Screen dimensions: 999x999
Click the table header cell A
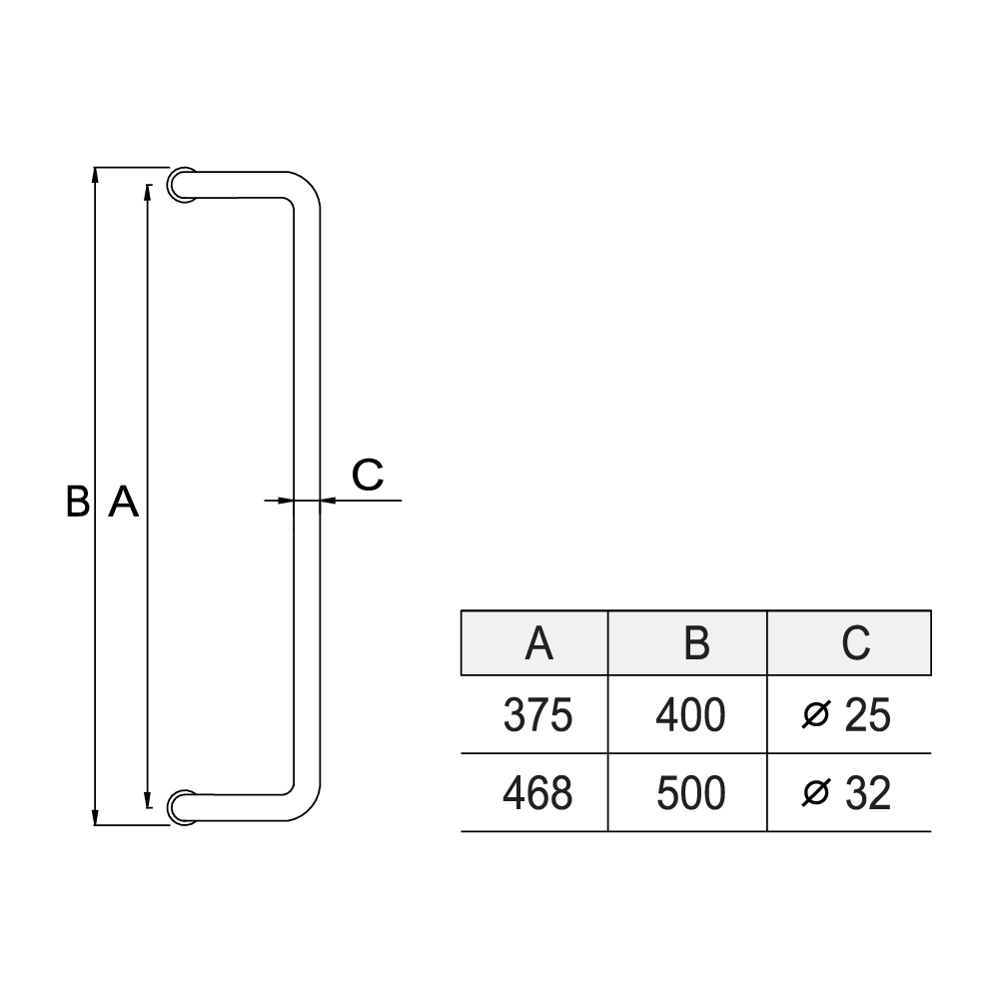535,642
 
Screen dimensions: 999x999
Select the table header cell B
689,642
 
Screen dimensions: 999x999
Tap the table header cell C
849,642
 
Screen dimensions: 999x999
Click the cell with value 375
535,715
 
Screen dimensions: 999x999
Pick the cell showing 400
689,715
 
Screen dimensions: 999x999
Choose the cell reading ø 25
848,715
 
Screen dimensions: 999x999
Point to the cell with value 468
535,793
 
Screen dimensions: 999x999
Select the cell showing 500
689,793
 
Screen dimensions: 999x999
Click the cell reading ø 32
848,793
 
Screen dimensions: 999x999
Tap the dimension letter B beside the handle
77,501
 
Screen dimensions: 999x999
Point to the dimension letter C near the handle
368,475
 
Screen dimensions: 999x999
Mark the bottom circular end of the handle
181,807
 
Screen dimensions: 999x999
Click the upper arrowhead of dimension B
96,175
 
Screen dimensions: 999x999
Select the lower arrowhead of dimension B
96,817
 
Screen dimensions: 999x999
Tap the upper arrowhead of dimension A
148,192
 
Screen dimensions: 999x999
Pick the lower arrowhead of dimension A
148,799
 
